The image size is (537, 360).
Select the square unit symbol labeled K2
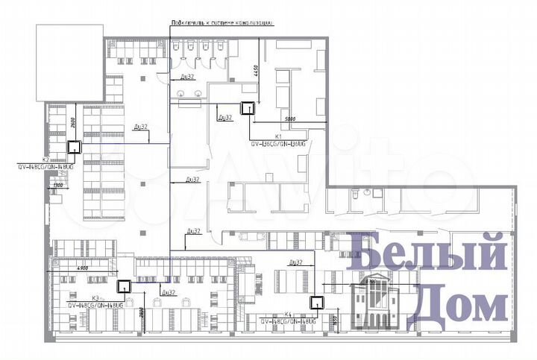pyautogui.click(x=75, y=147)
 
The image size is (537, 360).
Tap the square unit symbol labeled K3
pyautogui.click(x=123, y=285)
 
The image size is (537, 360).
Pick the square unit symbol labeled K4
pyautogui.click(x=317, y=302)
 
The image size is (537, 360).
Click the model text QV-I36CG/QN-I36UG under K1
pyautogui.click(x=277, y=143)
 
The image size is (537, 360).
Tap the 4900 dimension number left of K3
pyautogui.click(x=83, y=266)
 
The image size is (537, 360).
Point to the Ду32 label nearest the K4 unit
pyautogui.click(x=295, y=262)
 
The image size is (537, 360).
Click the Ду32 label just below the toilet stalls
pyautogui.click(x=187, y=76)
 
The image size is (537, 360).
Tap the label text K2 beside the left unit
pyautogui.click(x=45, y=159)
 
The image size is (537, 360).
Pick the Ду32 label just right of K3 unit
pyautogui.click(x=168, y=291)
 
